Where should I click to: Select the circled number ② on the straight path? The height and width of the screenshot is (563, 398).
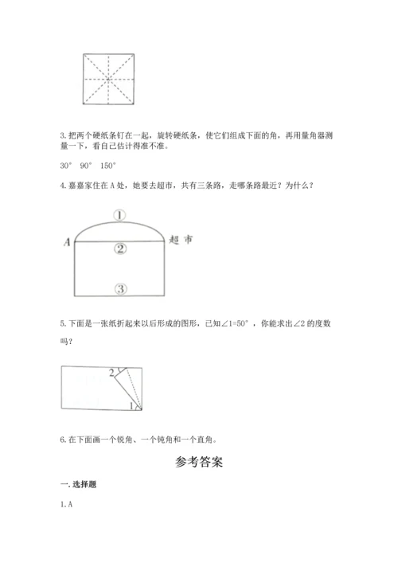pos(120,249)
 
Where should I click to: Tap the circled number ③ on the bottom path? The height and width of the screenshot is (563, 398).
pos(120,288)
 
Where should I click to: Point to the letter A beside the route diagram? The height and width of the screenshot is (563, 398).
pos(67,240)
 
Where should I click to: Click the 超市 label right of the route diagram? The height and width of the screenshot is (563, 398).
pos(181,239)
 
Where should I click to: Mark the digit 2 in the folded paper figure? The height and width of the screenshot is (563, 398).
pos(111,373)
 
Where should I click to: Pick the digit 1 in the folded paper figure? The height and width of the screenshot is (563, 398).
pos(132,406)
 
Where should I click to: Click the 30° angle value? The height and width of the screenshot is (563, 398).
pos(66,165)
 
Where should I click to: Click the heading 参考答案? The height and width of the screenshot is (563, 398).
pos(198,461)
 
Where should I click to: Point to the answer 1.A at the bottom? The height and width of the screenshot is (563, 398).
pos(66,504)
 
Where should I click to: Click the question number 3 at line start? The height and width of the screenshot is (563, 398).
pos(62,137)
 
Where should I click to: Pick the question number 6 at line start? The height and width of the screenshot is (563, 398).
pos(62,439)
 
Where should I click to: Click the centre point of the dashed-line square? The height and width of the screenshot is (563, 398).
pos(107,79)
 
